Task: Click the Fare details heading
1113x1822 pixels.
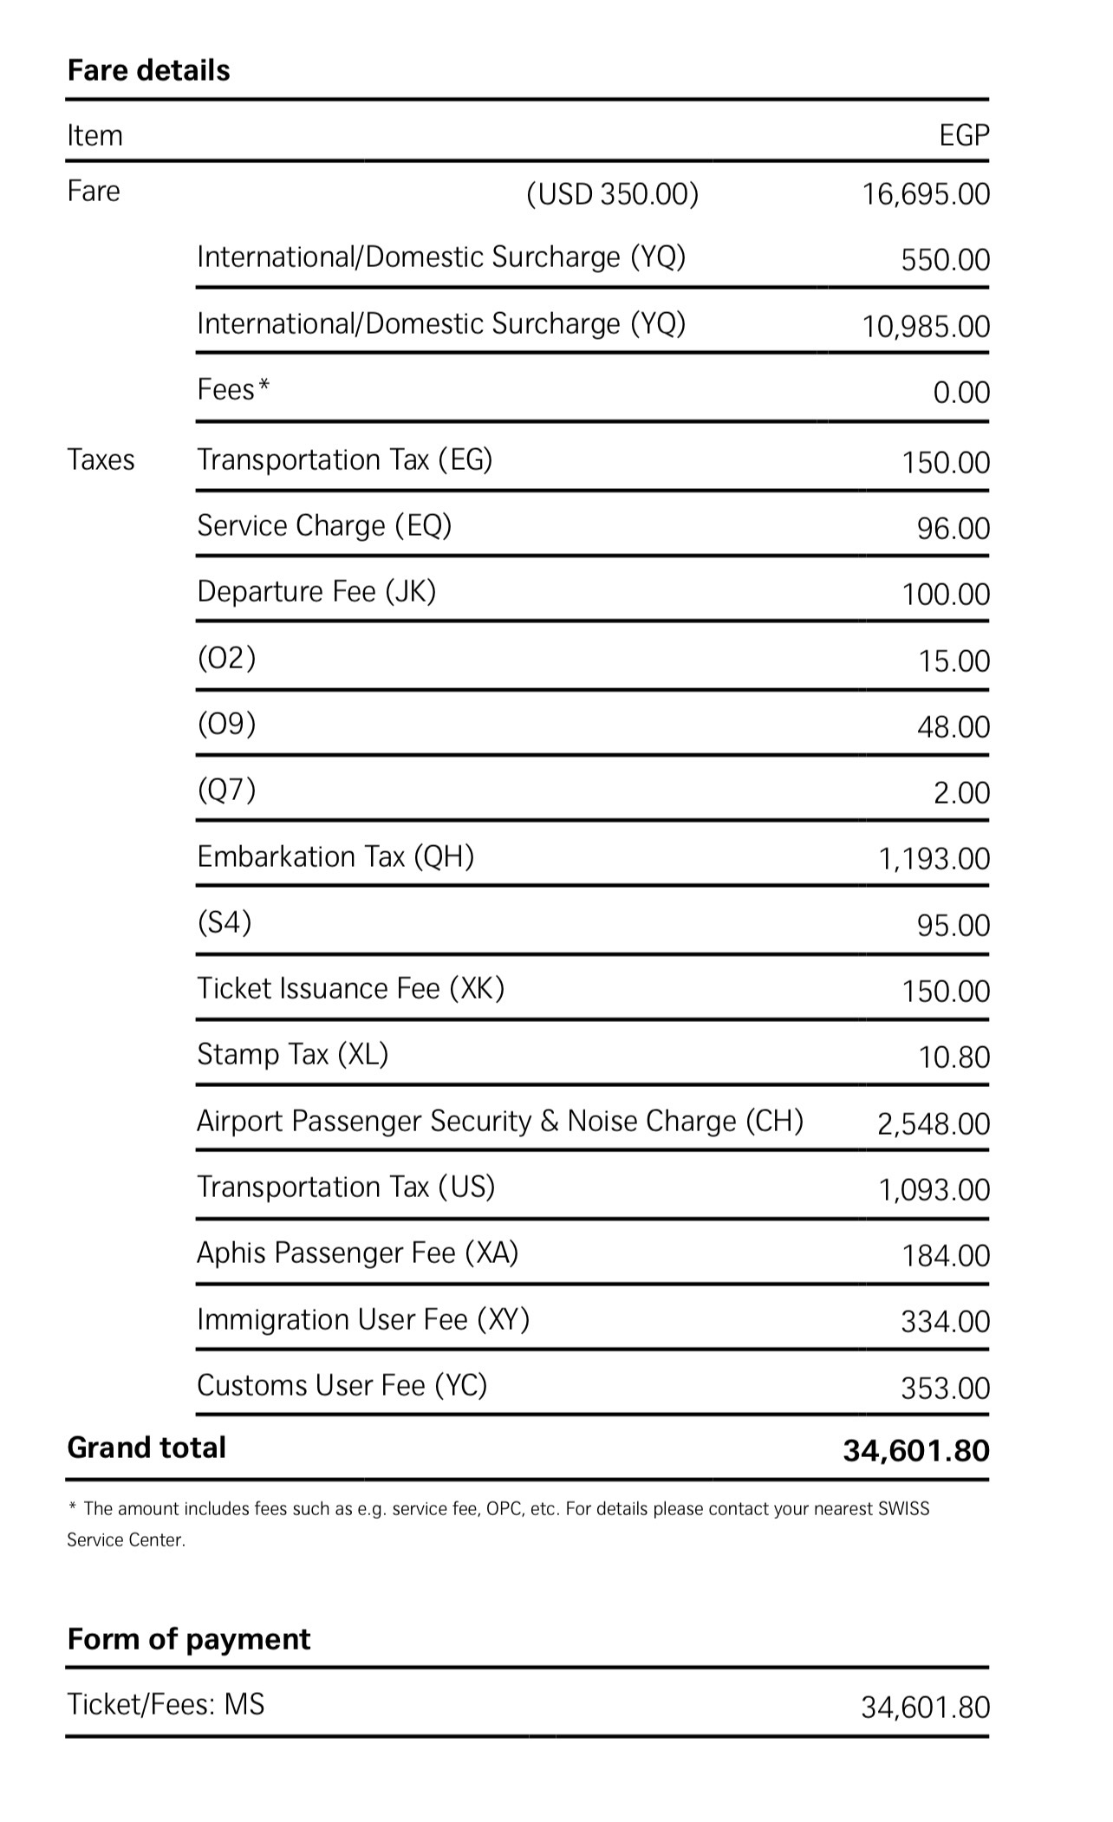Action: click(148, 70)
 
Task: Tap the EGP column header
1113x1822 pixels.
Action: click(963, 135)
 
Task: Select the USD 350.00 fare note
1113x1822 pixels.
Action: click(612, 194)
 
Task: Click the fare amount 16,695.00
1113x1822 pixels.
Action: click(925, 194)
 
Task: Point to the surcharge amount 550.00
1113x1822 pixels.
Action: click(945, 260)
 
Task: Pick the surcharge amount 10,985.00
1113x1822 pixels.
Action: click(925, 327)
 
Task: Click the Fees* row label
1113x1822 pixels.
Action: click(233, 390)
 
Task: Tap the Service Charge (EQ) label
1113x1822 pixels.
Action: click(324, 525)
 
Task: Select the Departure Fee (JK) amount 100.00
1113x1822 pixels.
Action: click(945, 595)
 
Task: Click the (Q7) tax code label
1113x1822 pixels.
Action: click(226, 790)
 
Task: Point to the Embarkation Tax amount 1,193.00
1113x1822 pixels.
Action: click(934, 859)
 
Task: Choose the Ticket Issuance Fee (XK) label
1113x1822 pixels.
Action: click(350, 988)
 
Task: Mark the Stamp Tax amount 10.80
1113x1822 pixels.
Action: click(954, 1057)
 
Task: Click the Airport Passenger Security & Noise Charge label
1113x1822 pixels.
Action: click(500, 1121)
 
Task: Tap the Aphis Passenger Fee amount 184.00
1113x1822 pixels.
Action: click(945, 1256)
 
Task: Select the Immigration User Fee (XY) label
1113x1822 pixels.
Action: click(363, 1319)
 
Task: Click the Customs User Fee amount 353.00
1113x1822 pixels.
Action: click(945, 1389)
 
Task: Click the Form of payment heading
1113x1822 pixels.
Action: click(188, 1639)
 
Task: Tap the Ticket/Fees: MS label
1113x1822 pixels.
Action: click(166, 1705)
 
